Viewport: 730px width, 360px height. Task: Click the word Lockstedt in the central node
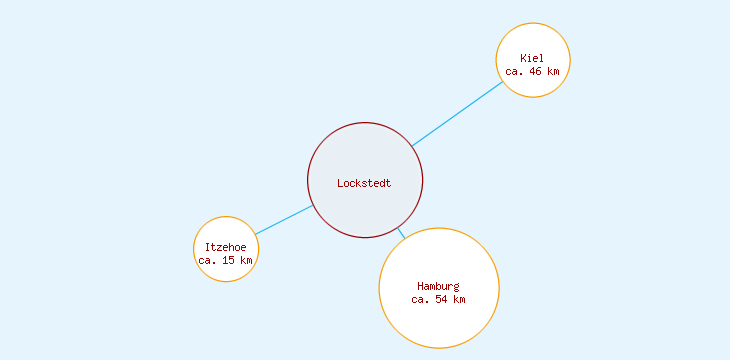tap(364, 183)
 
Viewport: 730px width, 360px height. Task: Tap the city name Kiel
tap(532, 58)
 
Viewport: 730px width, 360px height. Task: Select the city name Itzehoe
tap(225, 247)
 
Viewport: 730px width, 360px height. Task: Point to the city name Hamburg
tap(438, 287)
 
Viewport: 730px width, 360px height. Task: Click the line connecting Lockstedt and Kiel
tap(457, 114)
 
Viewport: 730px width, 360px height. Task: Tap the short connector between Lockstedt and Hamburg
tap(401, 234)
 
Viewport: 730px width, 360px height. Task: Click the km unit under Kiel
tap(553, 71)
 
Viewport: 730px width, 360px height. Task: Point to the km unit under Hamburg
tap(459, 300)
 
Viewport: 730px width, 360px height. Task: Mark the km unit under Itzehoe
tap(245, 260)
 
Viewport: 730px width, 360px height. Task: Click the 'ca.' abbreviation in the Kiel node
tap(515, 71)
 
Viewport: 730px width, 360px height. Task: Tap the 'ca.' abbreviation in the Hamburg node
tap(421, 300)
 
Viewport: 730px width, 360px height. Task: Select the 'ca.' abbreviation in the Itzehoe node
tap(207, 260)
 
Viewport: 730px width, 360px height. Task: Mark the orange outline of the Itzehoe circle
tap(193, 249)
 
